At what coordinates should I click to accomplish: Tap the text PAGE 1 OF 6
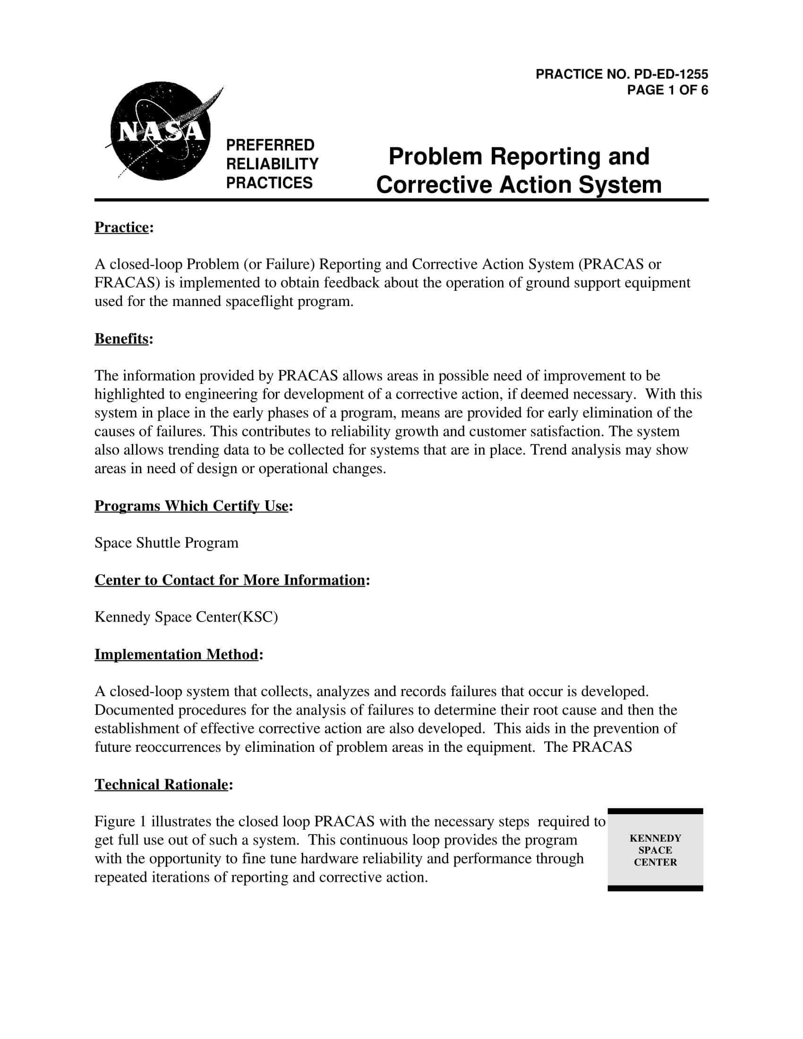pos(667,90)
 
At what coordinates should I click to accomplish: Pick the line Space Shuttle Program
pos(166,543)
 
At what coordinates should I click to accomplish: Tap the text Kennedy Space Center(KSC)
pos(186,617)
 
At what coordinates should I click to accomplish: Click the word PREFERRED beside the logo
pos(270,145)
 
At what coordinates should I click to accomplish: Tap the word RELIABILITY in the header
pos(272,164)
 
